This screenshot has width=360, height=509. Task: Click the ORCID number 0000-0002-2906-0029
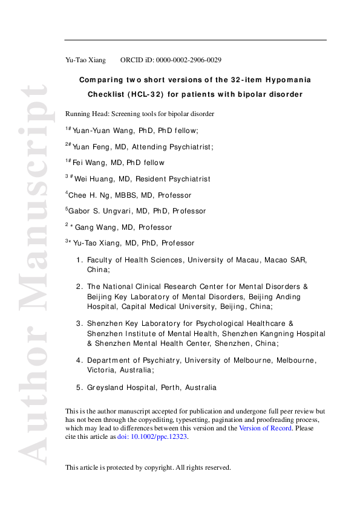(188, 60)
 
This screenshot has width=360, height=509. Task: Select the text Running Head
(85, 114)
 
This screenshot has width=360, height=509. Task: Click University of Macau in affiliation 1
(220, 260)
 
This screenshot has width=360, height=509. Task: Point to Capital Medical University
(194, 306)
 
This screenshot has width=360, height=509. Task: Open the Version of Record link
(265, 428)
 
